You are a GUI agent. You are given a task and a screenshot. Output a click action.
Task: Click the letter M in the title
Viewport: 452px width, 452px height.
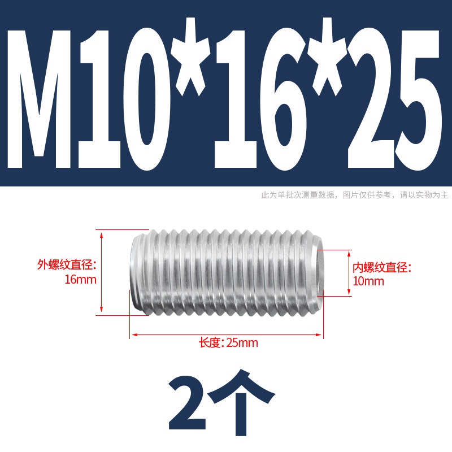[39, 98]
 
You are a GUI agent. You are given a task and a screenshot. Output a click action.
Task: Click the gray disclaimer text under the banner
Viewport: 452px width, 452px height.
[355, 195]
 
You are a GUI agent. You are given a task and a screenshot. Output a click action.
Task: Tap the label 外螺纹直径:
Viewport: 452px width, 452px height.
[67, 264]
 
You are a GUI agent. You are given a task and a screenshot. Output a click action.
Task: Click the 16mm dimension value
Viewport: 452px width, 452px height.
[80, 280]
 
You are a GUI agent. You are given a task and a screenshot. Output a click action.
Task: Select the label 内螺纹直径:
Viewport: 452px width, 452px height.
[382, 267]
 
